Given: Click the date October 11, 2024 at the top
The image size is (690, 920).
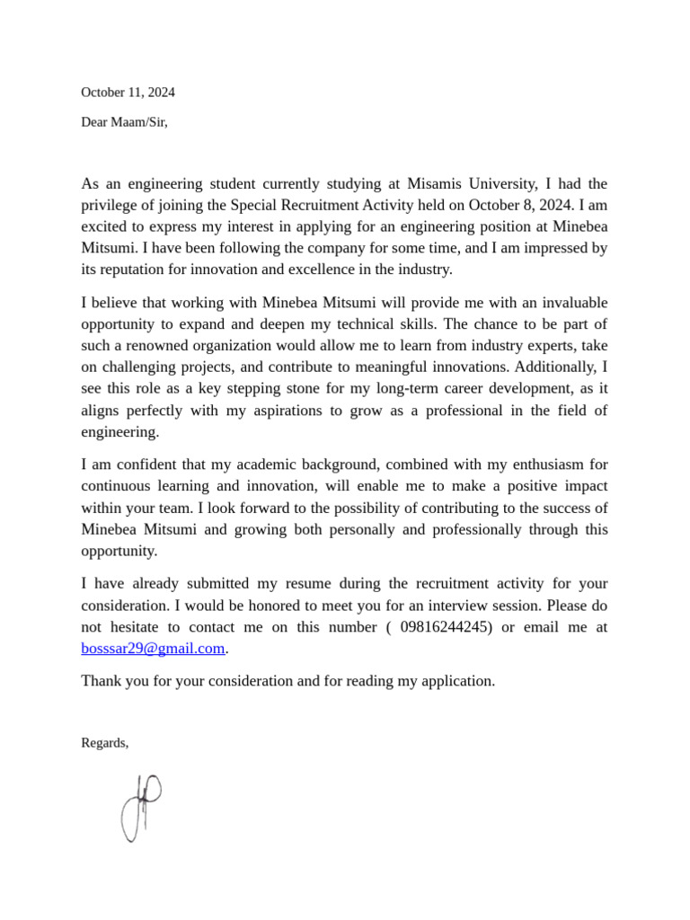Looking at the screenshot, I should [128, 93].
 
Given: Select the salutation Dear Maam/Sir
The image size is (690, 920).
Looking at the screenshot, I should [124, 122].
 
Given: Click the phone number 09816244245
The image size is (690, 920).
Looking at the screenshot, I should [444, 627].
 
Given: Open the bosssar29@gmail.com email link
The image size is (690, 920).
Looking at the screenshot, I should [153, 649].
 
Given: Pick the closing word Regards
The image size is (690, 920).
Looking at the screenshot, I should [104, 743].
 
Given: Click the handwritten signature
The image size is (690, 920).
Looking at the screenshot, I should [141, 807].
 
